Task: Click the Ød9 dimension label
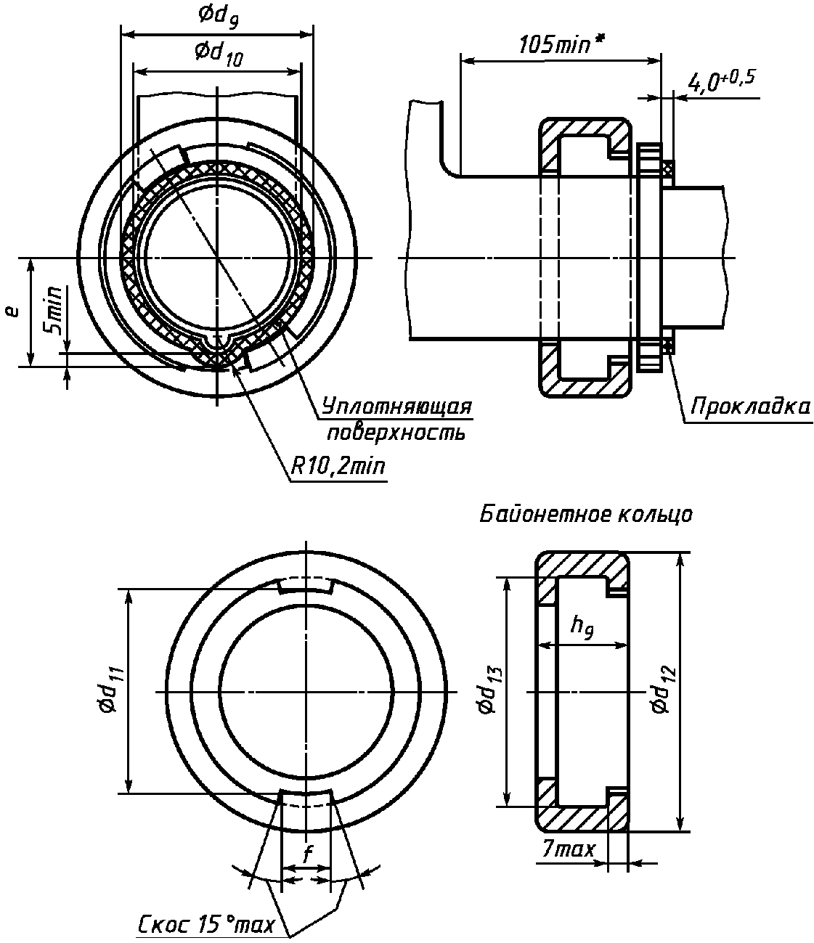point(218,16)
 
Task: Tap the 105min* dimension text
point(561,44)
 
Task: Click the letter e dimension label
point(14,311)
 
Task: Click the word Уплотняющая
point(396,406)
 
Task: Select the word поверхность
point(396,433)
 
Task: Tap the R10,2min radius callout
point(338,466)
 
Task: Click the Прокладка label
point(751,406)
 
